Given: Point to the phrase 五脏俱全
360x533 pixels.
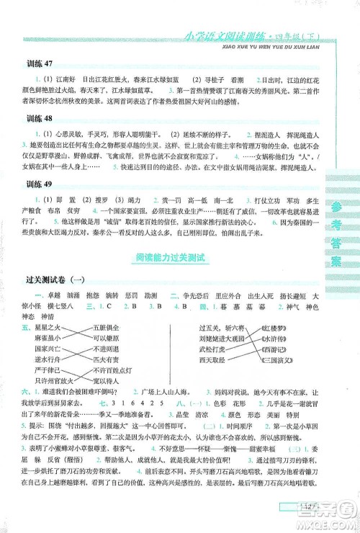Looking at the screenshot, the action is pyautogui.click(x=105, y=328).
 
